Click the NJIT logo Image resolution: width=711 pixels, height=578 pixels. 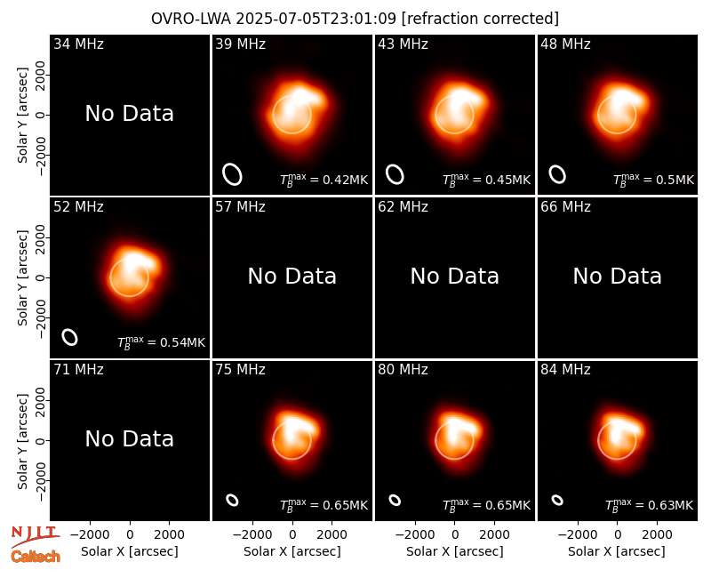pyautogui.click(x=36, y=536)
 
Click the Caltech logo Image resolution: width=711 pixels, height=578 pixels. pyautogui.click(x=36, y=557)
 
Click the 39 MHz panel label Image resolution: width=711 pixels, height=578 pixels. pyautogui.click(x=240, y=44)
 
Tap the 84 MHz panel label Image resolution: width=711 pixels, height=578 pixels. pyautogui.click(x=565, y=370)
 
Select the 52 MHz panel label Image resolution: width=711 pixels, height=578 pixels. pyautogui.click(x=78, y=207)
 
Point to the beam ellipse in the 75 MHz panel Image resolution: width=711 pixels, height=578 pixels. pyautogui.click(x=232, y=500)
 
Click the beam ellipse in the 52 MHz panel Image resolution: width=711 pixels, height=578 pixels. pyautogui.click(x=70, y=337)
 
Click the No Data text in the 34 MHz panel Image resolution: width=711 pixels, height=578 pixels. pyautogui.click(x=130, y=114)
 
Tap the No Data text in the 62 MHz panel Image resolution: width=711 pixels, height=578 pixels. pyautogui.click(x=455, y=277)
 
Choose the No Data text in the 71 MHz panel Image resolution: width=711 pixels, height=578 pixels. pyautogui.click(x=130, y=439)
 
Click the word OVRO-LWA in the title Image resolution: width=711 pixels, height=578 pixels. pyautogui.click(x=190, y=19)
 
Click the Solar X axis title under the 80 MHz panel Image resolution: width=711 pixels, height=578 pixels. pyautogui.click(x=455, y=551)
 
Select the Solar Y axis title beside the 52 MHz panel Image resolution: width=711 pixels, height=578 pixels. pyautogui.click(x=22, y=277)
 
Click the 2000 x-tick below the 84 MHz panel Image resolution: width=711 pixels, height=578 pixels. pyautogui.click(x=657, y=535)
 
